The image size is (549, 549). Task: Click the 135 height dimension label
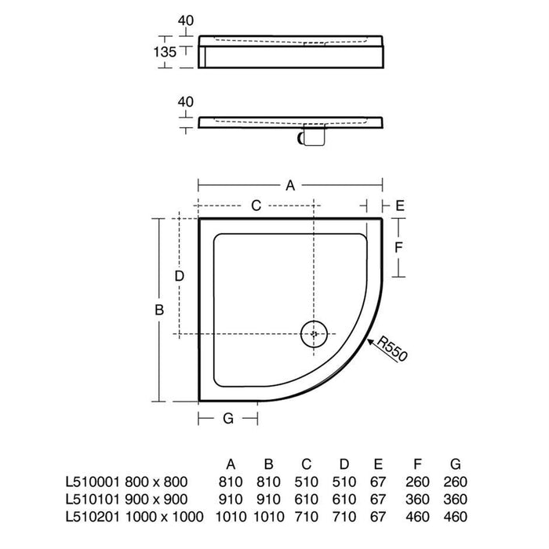(165, 53)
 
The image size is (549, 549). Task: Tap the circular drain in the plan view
(314, 333)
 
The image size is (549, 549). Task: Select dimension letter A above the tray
(290, 185)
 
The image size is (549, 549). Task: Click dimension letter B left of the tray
(159, 310)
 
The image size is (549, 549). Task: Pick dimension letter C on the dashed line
(256, 205)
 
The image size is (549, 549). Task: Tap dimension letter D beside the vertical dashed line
(180, 276)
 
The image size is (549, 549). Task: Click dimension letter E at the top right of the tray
(400, 205)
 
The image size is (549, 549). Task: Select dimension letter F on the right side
(398, 248)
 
